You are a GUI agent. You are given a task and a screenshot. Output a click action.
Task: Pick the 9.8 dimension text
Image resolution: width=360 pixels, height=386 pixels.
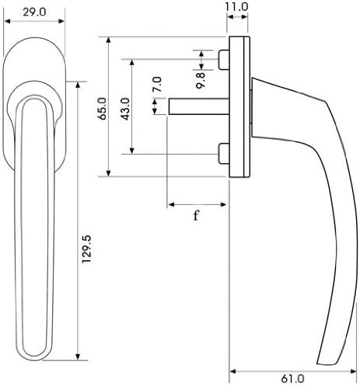[x=200, y=77]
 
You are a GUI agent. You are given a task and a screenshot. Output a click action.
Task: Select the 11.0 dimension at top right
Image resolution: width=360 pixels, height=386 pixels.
[x=237, y=7]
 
